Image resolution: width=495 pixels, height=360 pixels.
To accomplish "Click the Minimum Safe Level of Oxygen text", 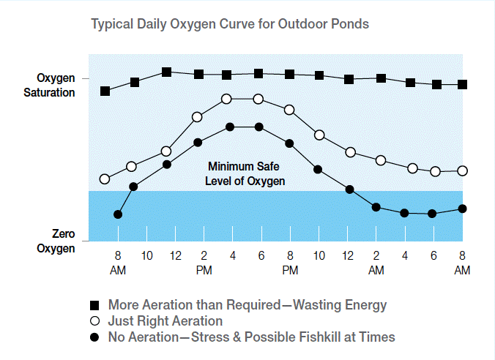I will pos(245,173).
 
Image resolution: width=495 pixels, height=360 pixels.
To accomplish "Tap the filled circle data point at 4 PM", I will pos(230,127).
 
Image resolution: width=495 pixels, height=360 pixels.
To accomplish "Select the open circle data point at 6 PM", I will pos(258,99).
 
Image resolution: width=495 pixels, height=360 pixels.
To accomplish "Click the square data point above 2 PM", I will pos(198,74).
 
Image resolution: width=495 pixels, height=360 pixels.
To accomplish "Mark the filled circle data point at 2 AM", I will pos(376,207).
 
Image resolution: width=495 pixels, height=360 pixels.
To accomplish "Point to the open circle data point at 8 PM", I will pos(289,110).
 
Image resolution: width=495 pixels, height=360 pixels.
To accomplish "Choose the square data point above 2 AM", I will pos(381,78).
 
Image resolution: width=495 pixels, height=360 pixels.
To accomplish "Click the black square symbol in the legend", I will pos(94,304).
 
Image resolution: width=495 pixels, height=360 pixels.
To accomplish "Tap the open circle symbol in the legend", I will pos(94,321).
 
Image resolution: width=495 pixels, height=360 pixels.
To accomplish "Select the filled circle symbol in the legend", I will pos(94,337).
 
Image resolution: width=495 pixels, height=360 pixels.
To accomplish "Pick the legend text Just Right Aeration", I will pos(165,321).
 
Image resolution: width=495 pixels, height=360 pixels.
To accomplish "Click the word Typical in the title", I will pos(111,24).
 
